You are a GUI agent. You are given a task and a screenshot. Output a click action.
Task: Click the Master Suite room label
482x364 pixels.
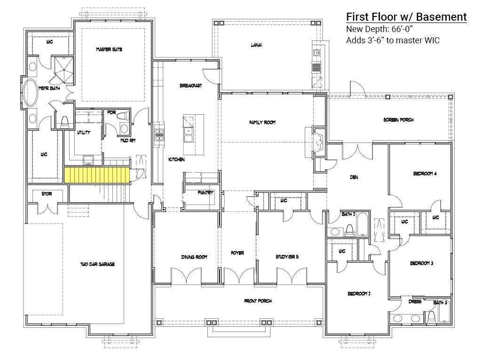(109, 49)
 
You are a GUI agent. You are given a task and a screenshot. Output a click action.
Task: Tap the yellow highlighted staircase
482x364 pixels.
(97, 175)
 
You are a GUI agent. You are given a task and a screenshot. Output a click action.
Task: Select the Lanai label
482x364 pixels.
(256, 45)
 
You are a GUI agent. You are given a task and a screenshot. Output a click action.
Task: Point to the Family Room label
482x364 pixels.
(262, 122)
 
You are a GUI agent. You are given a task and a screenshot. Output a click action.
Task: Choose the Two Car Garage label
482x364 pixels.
(97, 264)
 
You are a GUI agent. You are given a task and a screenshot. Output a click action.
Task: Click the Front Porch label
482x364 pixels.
(258, 301)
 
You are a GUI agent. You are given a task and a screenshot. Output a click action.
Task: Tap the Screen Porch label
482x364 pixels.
(398, 120)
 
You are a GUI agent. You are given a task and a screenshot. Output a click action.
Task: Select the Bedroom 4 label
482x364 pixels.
(425, 174)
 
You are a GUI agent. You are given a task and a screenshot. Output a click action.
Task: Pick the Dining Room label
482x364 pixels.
(194, 257)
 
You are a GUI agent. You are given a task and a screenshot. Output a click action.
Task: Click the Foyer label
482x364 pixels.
(237, 253)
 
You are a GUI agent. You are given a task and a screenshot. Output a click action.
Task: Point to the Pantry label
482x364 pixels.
(205, 193)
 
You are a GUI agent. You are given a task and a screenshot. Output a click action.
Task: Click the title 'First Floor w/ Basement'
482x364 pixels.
(406, 17)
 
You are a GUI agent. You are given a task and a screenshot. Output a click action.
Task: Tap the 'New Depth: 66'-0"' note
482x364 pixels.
(379, 29)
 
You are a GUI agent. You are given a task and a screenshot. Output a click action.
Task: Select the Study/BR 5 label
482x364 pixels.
(287, 257)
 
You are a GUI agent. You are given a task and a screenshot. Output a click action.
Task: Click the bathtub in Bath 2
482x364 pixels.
(363, 224)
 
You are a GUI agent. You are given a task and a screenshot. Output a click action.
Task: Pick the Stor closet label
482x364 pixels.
(47, 194)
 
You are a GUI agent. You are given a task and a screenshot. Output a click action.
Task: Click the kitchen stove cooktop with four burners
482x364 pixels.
(159, 135)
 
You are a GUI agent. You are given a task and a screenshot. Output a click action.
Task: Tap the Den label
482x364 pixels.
(354, 177)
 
